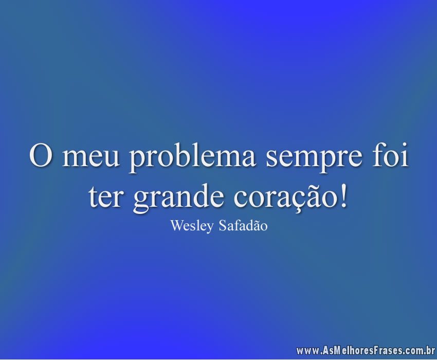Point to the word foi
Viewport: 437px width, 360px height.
click(390, 155)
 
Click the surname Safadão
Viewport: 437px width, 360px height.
click(243, 225)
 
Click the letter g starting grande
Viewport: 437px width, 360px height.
click(142, 203)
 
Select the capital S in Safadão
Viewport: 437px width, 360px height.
click(223, 226)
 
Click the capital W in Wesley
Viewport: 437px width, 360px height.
click(176, 226)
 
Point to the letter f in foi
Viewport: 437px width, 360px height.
click(379, 155)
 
